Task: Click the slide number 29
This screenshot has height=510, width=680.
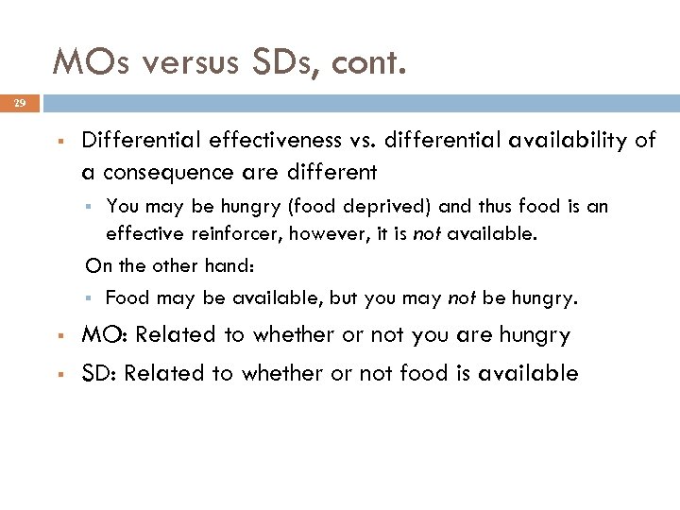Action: point(20,102)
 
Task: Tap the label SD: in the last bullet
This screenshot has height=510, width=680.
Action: point(98,373)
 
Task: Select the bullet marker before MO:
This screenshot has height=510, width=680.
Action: point(59,336)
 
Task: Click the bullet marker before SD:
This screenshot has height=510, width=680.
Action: point(59,374)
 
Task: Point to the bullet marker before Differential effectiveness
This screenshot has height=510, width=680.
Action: point(59,142)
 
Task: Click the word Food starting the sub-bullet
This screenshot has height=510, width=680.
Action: point(127,298)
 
